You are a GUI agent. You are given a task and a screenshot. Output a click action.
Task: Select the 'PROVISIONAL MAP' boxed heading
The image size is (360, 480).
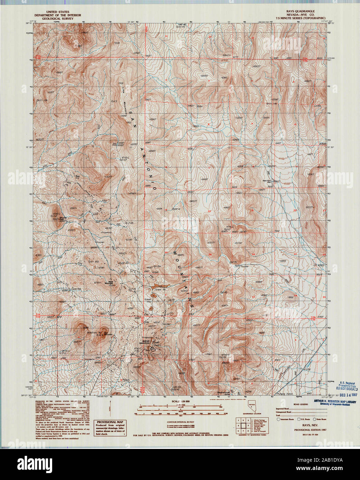(110, 422)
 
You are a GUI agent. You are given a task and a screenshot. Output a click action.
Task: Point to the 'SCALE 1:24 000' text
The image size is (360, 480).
(181, 402)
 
